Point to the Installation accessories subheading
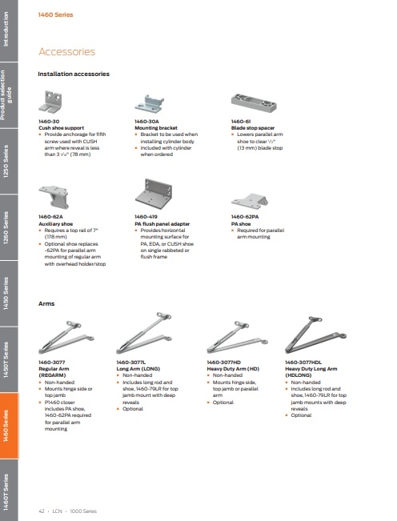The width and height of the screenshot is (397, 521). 74,74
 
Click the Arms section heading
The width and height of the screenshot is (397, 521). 47,304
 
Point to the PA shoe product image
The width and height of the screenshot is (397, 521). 249,201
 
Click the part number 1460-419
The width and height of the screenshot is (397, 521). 147,217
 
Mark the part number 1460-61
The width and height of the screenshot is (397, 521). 242,121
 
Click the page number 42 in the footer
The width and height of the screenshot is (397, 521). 41,509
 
